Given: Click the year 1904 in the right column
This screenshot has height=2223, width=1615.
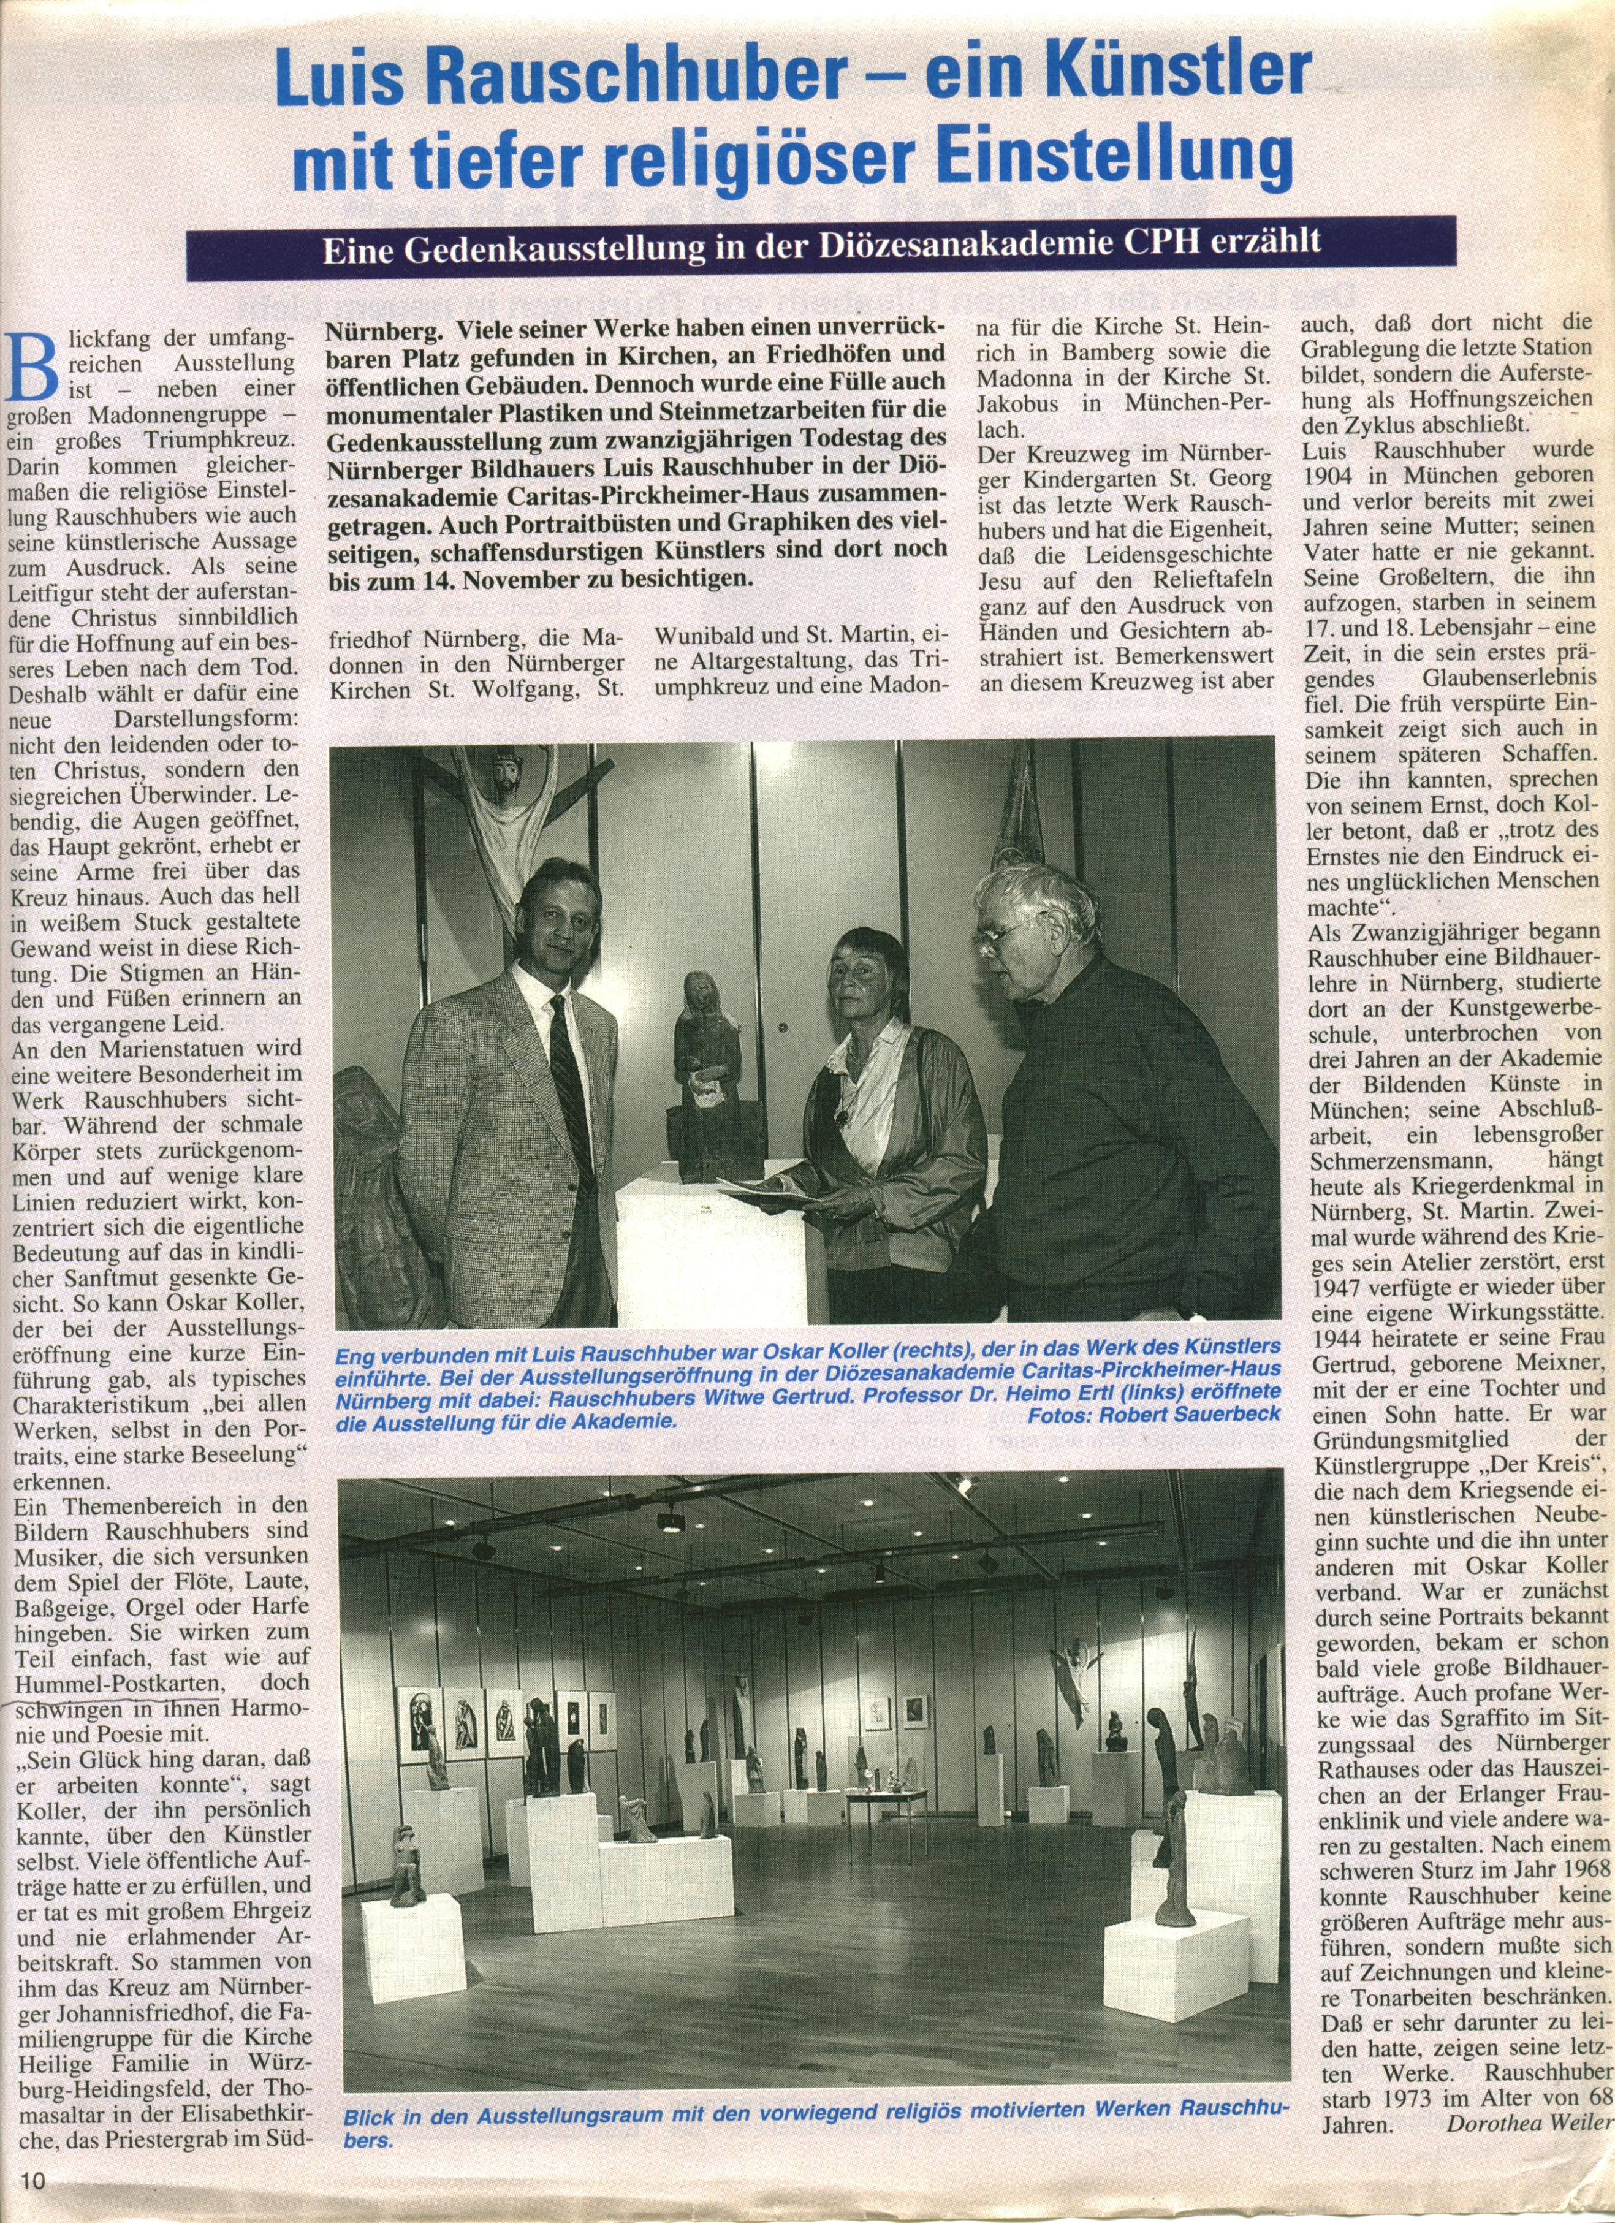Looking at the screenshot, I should click(x=1335, y=476).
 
